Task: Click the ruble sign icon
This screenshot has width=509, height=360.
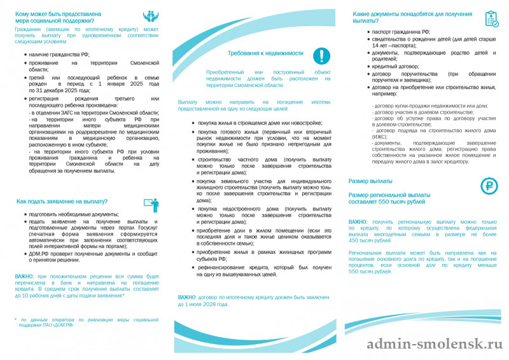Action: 489,186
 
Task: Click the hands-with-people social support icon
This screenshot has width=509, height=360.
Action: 150,17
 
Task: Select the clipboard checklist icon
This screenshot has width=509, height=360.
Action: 491,18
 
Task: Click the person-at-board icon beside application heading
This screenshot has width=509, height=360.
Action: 151,205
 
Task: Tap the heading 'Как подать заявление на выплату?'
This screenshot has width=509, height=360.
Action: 62,202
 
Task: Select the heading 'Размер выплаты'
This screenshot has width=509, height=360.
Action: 370,181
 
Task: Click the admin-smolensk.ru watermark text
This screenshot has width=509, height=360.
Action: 435,344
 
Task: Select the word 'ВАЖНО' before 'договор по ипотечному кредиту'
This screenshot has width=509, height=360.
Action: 186,297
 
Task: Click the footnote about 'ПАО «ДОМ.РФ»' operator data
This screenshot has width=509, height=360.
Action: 76,322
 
